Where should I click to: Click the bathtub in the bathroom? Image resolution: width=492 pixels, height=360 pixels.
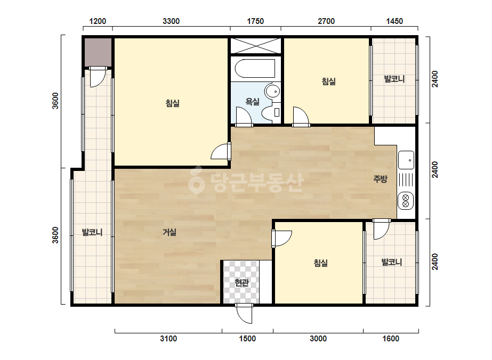tap(255, 68)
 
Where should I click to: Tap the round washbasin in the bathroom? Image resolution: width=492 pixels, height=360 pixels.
tap(272, 91)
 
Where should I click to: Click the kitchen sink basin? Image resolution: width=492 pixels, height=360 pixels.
tap(406, 160)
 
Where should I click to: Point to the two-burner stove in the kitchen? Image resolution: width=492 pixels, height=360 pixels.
tap(406, 201)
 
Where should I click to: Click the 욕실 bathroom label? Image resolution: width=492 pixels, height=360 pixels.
tap(252, 101)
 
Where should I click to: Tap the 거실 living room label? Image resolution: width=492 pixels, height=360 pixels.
tap(170, 232)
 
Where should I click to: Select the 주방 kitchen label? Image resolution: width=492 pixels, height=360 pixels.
tap(380, 179)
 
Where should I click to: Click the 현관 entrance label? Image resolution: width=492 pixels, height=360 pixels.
tap(241, 283)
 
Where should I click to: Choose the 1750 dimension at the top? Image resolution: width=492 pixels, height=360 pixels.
tap(255, 21)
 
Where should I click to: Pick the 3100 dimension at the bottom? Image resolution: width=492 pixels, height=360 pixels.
tap(168, 338)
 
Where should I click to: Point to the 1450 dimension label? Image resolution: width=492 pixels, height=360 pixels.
tap(394, 21)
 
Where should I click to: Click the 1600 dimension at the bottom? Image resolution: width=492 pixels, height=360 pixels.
tap(391, 338)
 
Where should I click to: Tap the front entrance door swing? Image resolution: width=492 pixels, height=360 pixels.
tap(244, 314)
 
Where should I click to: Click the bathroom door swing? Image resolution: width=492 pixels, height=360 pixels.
tap(244, 116)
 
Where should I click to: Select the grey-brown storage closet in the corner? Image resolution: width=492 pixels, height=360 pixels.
tap(98, 52)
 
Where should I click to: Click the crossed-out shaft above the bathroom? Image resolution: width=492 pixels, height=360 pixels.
tap(256, 46)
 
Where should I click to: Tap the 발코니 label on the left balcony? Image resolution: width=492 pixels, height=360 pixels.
tap(92, 232)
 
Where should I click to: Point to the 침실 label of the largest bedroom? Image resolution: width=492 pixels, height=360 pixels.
tap(173, 103)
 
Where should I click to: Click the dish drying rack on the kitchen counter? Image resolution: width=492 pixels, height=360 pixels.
tap(406, 180)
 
